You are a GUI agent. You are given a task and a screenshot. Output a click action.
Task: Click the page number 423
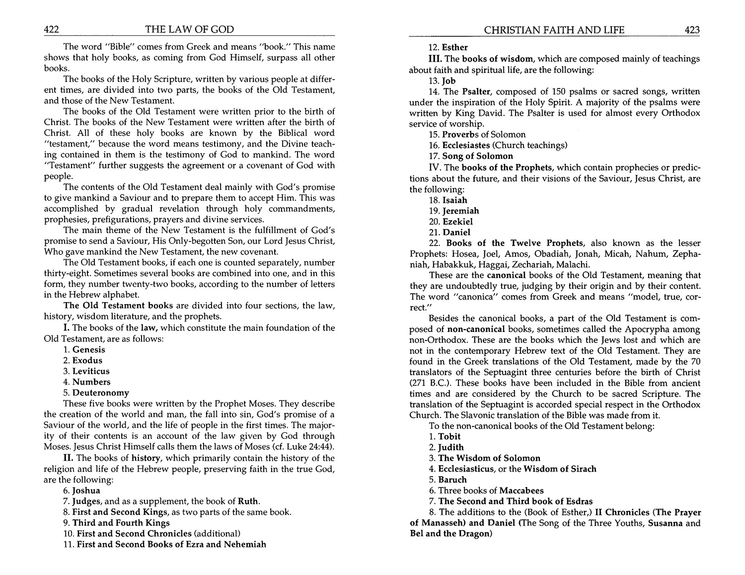(x=692, y=30)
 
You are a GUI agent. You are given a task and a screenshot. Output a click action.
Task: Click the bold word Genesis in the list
(x=89, y=349)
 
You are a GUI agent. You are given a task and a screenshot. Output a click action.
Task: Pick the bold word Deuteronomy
(x=101, y=393)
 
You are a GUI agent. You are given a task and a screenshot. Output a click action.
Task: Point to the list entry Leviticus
(x=91, y=371)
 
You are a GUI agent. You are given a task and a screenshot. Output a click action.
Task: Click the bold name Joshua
(x=86, y=491)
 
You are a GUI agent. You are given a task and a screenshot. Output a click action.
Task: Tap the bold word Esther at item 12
(x=455, y=48)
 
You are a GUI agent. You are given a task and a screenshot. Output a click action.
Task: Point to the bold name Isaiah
(x=455, y=200)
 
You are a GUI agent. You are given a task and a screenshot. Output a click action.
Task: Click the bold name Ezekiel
(x=457, y=222)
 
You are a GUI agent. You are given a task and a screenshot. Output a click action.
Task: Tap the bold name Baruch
(x=452, y=480)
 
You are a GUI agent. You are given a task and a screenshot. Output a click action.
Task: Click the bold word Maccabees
(x=521, y=491)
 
